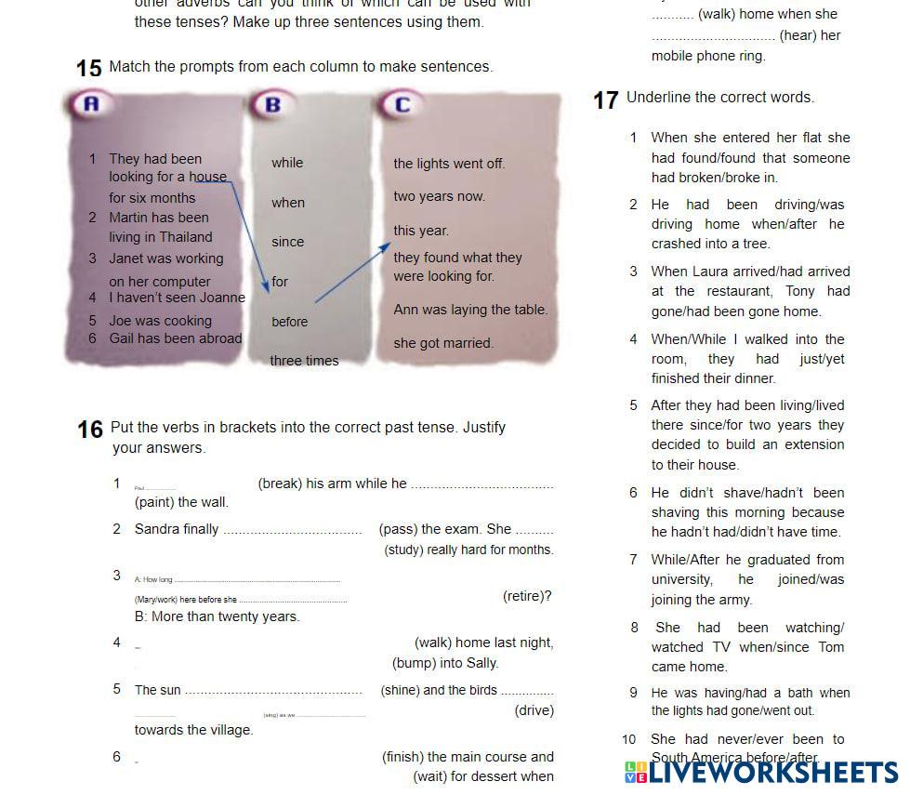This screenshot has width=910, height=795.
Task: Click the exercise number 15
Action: (88, 69)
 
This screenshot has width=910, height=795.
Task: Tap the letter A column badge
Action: (90, 104)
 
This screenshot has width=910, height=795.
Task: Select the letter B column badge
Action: (272, 104)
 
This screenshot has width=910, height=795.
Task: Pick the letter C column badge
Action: (402, 104)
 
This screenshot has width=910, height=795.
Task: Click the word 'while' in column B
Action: (287, 163)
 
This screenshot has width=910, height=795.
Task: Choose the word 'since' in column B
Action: (287, 242)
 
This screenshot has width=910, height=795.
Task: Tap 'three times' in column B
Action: (304, 361)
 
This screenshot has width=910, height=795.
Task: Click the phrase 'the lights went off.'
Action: (449, 164)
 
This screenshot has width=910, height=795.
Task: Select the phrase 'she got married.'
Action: (442, 343)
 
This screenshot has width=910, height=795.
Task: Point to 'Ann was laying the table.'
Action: (470, 310)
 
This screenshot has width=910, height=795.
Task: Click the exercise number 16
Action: (90, 430)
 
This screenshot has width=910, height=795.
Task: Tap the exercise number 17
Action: (605, 99)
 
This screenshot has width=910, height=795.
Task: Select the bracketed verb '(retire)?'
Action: (527, 596)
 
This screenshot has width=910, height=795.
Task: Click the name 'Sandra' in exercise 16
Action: (155, 529)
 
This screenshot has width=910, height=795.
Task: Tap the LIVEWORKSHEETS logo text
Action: (772, 772)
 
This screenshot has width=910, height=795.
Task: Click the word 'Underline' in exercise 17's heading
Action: (658, 98)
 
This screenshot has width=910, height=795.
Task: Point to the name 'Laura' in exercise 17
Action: (710, 272)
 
